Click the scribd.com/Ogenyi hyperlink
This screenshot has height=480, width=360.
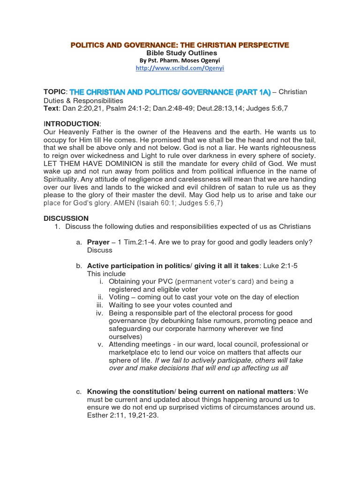tap(180, 68)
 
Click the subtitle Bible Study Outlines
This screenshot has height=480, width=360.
tap(180, 53)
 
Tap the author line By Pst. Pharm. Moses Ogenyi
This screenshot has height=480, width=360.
tap(180, 60)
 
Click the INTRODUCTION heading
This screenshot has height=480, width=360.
tap(72, 123)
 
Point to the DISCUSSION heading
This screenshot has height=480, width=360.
tap(66, 218)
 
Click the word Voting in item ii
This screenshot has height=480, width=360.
tap(119, 297)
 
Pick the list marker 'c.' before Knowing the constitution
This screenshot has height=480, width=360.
tap(79, 391)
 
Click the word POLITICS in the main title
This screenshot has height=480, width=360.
tap(92, 45)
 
